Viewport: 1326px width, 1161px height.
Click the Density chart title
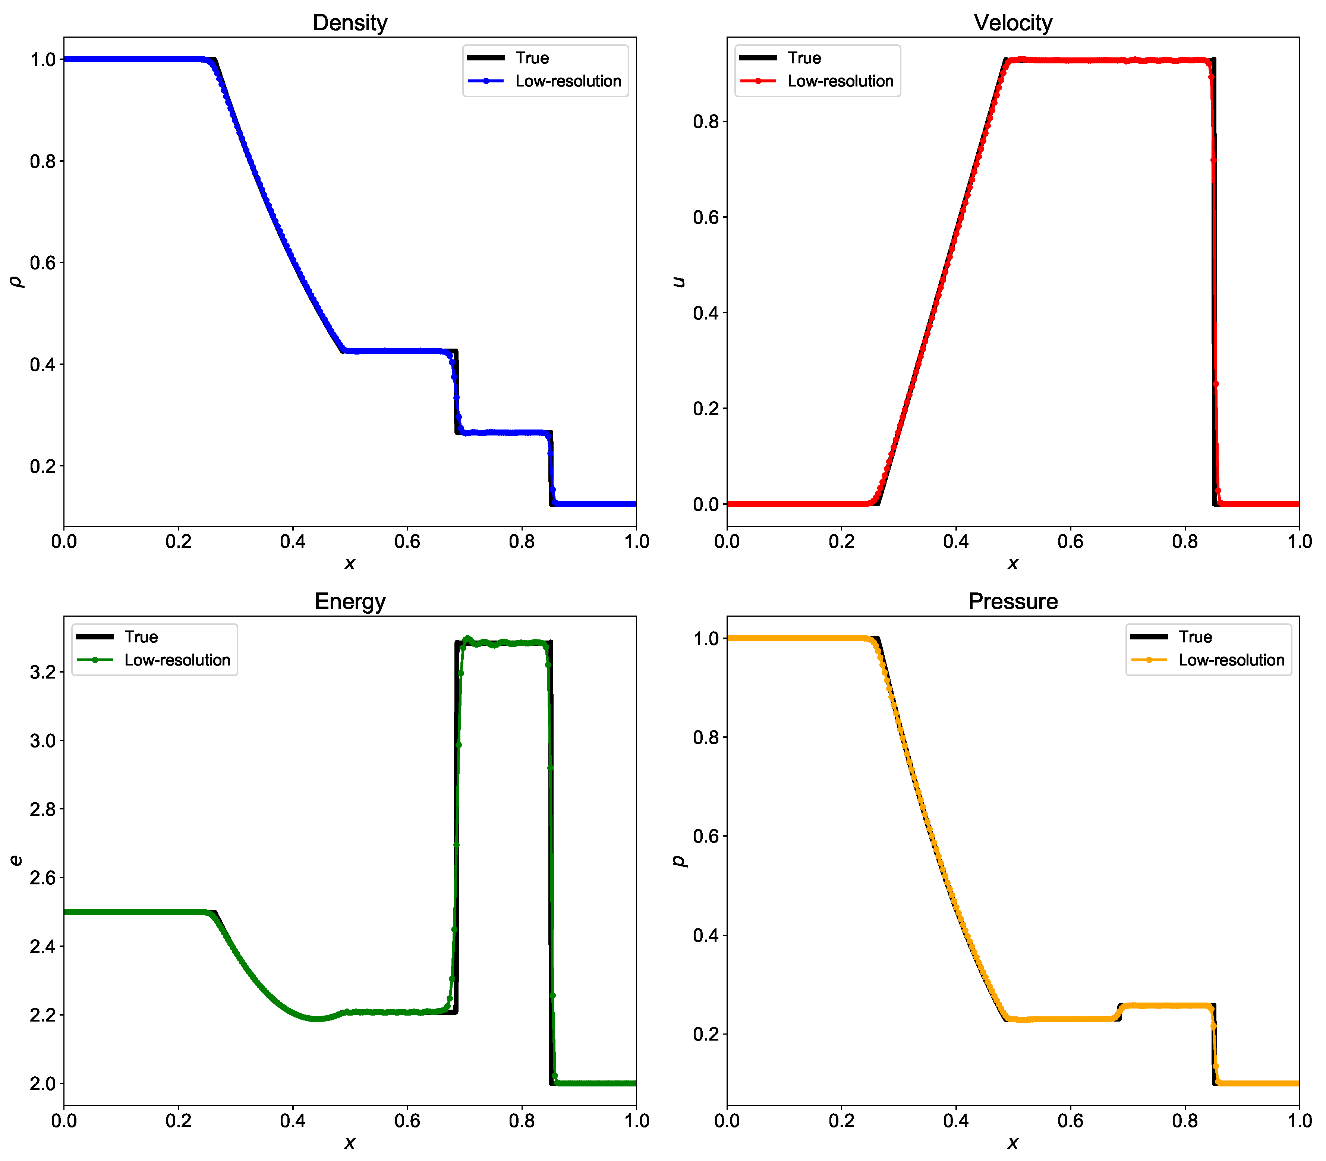coord(350,23)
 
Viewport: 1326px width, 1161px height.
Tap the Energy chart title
coord(350,601)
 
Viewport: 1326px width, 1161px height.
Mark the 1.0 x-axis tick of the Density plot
coord(636,542)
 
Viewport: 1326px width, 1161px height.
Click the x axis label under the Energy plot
coord(350,1143)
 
